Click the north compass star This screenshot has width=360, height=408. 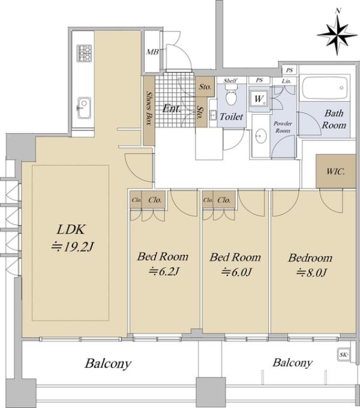(x=337, y=35)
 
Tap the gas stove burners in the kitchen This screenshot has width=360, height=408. (x=84, y=53)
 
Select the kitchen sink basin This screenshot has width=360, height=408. (x=84, y=108)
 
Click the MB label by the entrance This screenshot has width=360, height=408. (x=152, y=52)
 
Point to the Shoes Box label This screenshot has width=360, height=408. (x=149, y=108)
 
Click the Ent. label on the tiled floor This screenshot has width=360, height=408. (x=172, y=108)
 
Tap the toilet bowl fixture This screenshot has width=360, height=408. (x=231, y=95)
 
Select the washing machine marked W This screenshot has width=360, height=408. (x=259, y=99)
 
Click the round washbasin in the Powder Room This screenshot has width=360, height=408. (x=261, y=136)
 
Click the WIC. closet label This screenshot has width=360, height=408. (x=335, y=172)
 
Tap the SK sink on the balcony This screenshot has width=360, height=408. (x=344, y=355)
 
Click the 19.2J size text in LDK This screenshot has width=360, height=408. (x=73, y=247)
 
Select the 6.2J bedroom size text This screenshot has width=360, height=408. (x=164, y=272)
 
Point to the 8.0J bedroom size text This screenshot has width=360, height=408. (x=311, y=272)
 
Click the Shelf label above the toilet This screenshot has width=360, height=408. (x=230, y=80)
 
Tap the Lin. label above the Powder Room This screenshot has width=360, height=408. (x=286, y=81)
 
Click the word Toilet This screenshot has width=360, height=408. (x=231, y=116)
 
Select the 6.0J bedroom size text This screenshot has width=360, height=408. (x=236, y=272)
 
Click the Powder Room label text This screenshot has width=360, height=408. (x=283, y=127)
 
